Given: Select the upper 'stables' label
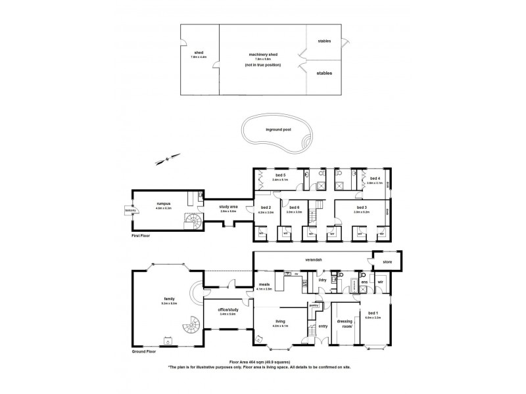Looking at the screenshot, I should click(324, 41).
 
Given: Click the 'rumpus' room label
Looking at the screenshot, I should click(163, 204).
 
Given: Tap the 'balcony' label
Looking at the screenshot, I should click(129, 210).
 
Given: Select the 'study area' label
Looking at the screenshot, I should click(228, 208).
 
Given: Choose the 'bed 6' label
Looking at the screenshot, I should click(294, 209).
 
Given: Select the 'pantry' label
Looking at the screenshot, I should click(314, 305).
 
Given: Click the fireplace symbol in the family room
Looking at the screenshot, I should click(166, 341).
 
